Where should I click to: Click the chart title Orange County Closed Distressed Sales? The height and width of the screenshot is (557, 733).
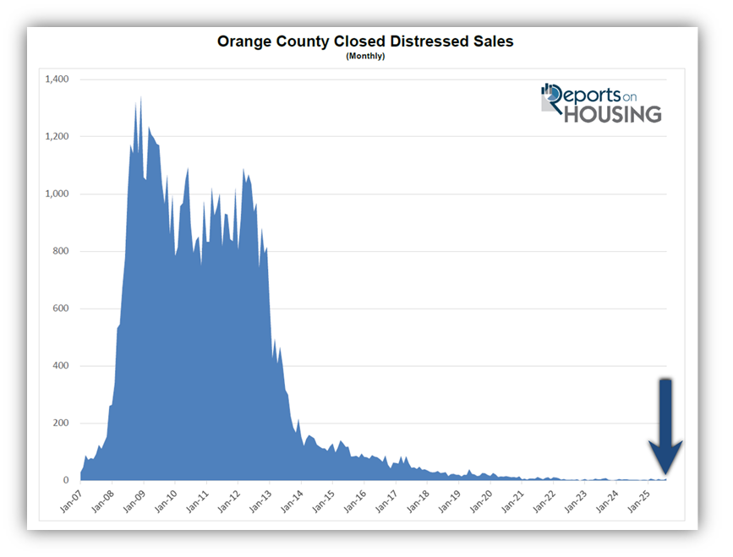(365, 41)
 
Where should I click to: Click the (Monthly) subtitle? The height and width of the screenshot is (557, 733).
(365, 56)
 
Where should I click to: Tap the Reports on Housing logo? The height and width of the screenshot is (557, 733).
(601, 103)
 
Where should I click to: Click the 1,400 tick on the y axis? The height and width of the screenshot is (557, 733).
(56, 79)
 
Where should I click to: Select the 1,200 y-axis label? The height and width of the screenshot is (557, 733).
(56, 137)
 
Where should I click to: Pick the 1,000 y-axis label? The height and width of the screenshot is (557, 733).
(56, 194)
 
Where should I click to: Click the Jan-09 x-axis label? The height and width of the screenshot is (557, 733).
(134, 500)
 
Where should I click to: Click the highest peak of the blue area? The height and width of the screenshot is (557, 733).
(140, 98)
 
